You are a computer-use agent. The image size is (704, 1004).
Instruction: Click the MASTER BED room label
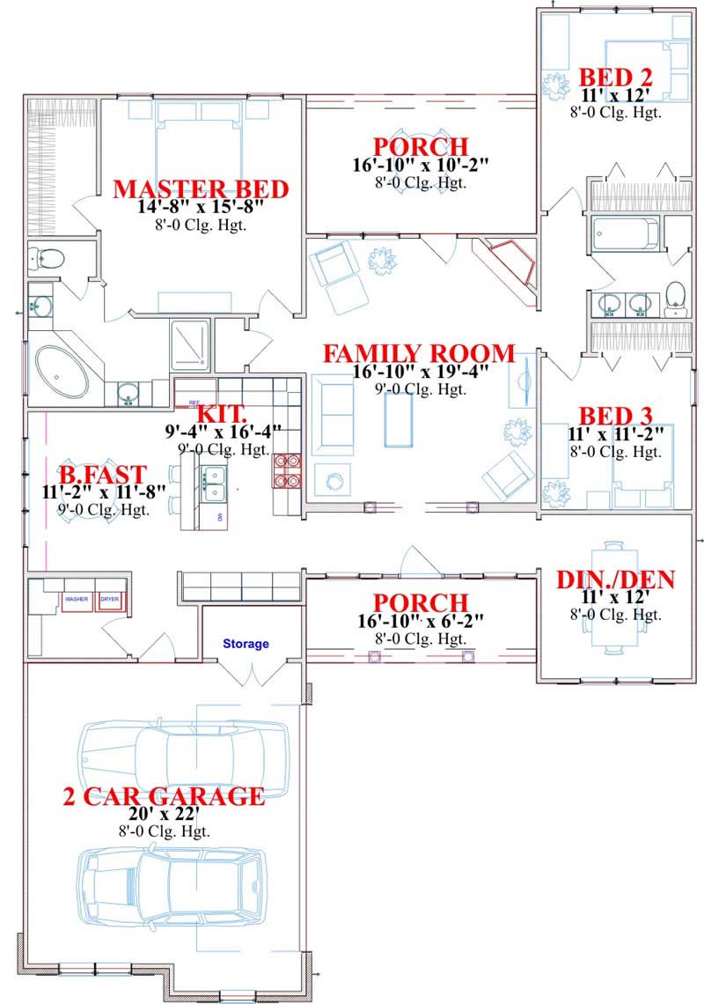tap(201, 188)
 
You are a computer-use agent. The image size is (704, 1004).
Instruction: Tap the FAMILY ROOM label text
tap(418, 353)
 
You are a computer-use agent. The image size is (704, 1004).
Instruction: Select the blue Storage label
tap(246, 644)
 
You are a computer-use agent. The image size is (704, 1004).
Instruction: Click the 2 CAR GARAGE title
tap(164, 796)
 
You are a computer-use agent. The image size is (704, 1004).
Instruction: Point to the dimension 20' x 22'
tap(164, 815)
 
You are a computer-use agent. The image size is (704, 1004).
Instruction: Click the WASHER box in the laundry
tap(77, 600)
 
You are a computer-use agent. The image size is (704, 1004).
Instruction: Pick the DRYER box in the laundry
tap(110, 600)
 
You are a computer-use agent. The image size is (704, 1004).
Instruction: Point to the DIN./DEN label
tap(616, 580)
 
